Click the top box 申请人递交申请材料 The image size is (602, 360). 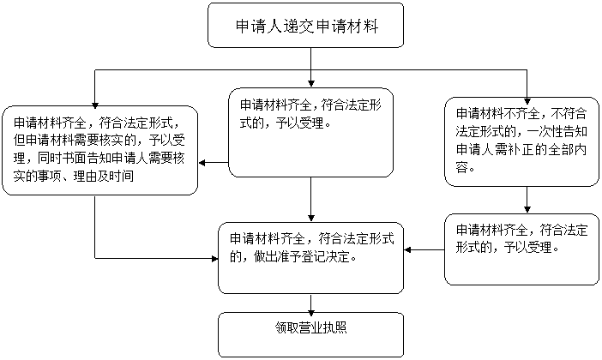(x=305, y=26)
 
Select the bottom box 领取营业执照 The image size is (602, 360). (x=311, y=334)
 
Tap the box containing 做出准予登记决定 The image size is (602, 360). (x=311, y=258)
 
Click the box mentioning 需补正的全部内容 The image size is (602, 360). (x=521, y=141)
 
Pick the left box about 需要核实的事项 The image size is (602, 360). (x=99, y=151)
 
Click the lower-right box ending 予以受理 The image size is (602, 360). (x=521, y=249)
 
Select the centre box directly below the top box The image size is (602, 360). (x=311, y=132)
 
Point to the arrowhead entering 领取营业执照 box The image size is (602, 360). (x=311, y=309)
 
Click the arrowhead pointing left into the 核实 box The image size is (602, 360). (x=202, y=163)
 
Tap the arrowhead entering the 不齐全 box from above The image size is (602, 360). (x=527, y=101)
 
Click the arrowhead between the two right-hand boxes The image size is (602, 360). (x=527, y=209)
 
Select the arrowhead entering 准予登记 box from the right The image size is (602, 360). (x=407, y=249)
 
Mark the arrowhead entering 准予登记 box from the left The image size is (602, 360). (x=215, y=258)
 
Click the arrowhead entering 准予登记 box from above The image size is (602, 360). (x=311, y=218)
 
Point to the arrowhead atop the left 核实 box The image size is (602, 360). (x=95, y=105)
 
